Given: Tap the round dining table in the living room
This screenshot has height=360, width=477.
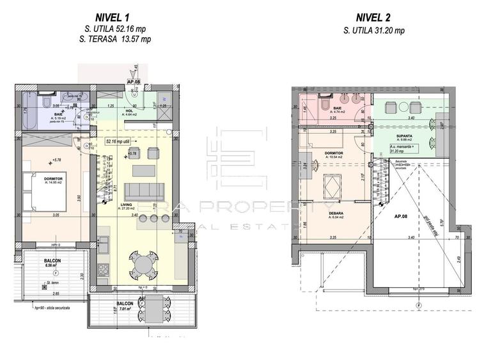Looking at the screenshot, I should click(x=145, y=263).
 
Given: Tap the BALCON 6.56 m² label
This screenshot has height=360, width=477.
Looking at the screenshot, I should click(x=53, y=262).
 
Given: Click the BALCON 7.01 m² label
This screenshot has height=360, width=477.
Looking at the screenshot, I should click(x=125, y=304).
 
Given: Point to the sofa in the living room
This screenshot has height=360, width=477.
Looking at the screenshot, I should click(x=143, y=191).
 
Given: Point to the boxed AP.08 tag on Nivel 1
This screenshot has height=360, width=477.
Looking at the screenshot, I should click(x=134, y=82).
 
